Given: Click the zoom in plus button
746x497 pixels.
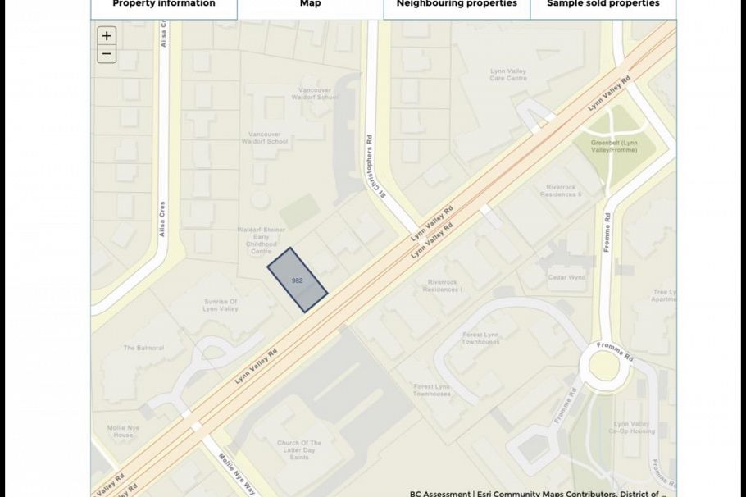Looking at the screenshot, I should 107,36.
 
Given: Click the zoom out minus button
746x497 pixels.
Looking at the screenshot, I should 107,55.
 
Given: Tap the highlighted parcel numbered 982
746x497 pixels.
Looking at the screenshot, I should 298,280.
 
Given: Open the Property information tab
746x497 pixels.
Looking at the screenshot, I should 164,5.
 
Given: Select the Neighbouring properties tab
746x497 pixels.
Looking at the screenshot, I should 457,5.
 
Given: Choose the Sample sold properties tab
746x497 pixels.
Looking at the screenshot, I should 603,5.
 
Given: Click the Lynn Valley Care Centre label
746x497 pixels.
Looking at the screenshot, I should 507,75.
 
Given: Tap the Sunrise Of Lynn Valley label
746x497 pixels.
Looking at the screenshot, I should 221,305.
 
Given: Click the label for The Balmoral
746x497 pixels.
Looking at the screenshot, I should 143,348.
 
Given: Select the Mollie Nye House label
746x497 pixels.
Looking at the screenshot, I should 120,431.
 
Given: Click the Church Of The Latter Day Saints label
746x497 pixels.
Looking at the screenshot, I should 299,449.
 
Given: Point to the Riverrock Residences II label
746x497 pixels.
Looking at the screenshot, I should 563,191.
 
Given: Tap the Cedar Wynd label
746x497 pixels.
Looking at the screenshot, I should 566,277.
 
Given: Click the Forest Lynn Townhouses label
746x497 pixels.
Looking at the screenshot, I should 481,338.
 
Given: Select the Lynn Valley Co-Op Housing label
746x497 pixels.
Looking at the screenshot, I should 631,427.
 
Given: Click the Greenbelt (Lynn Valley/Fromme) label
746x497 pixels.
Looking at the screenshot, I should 613,146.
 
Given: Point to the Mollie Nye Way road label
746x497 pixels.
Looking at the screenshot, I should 237,473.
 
